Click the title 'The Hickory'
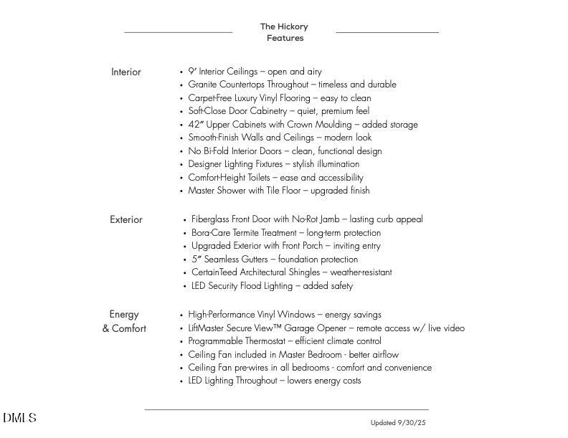click(x=284, y=27)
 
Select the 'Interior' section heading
click(x=126, y=72)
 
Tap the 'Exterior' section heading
click(x=126, y=220)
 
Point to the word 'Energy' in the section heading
click(x=124, y=315)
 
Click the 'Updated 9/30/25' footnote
click(x=398, y=423)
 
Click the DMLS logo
click(x=19, y=418)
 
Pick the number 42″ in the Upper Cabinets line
click(x=195, y=125)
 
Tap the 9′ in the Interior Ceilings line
click(x=192, y=72)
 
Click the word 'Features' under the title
click(x=285, y=39)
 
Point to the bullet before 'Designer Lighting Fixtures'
click(x=181, y=165)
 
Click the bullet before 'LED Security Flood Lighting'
click(x=185, y=287)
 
